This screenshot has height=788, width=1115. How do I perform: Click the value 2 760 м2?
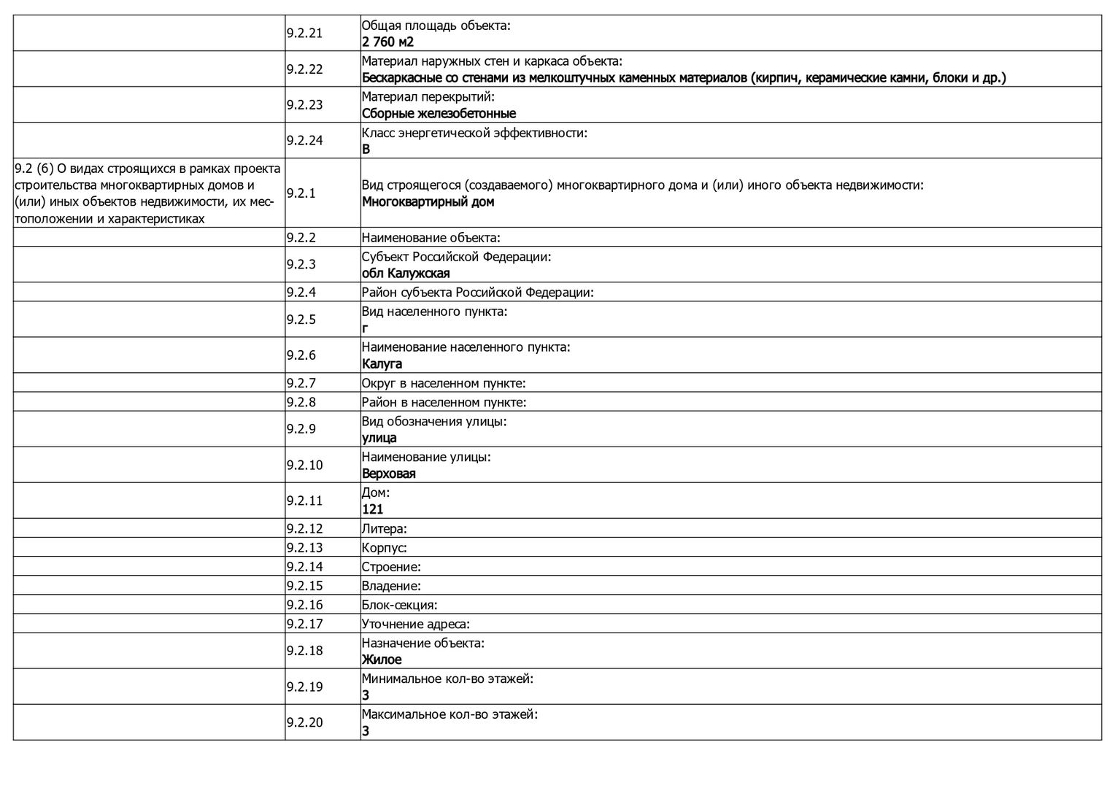387,42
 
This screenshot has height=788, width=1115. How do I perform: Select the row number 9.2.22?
304,69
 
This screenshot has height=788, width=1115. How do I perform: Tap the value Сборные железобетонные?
439,114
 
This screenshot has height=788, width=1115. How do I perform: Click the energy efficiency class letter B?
366,150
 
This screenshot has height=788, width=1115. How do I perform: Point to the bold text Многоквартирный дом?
428,202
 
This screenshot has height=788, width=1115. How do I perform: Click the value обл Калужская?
406,274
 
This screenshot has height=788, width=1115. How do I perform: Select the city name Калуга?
382,364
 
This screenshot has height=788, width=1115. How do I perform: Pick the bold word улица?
379,439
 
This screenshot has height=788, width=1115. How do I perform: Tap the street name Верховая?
388,474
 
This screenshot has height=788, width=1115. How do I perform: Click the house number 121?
372,510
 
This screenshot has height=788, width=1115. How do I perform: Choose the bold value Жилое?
382,660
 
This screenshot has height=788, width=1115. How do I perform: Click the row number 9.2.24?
304,141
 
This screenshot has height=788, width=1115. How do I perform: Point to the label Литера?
385,529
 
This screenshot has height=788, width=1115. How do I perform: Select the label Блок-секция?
399,605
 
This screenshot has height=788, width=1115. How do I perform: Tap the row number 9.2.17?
304,624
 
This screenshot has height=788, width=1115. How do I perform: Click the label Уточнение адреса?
415,624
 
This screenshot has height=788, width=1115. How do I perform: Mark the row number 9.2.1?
301,193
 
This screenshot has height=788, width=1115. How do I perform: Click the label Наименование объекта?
431,238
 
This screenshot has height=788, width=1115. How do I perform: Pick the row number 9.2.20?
304,723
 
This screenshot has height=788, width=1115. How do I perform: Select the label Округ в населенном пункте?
444,384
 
